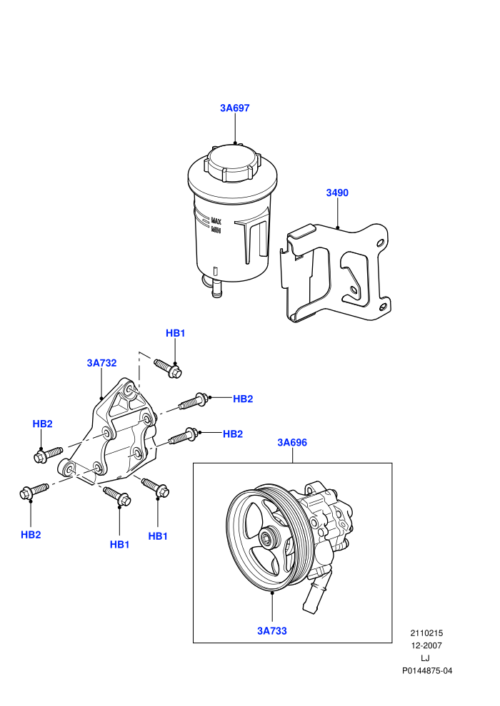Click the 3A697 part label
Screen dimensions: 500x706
tap(234, 108)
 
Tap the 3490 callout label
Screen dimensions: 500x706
tap(337, 193)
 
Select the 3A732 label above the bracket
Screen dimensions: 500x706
tap(102, 363)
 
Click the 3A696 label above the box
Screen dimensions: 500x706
tap(292, 443)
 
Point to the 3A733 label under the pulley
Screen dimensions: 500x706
tap(272, 631)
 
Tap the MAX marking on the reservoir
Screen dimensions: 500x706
tap(216, 221)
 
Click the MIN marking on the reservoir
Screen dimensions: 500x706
tap(216, 230)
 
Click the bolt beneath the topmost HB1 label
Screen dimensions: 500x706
tap(168, 368)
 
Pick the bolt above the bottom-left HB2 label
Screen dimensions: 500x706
tap(34, 491)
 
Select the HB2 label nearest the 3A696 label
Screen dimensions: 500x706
tap(233, 434)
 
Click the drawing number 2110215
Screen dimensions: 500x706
tap(426, 633)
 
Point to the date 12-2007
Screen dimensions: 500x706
tap(426, 645)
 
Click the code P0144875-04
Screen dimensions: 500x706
tap(427, 671)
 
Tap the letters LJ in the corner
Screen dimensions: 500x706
tap(425, 658)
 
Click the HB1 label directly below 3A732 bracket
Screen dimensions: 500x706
tap(120, 544)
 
